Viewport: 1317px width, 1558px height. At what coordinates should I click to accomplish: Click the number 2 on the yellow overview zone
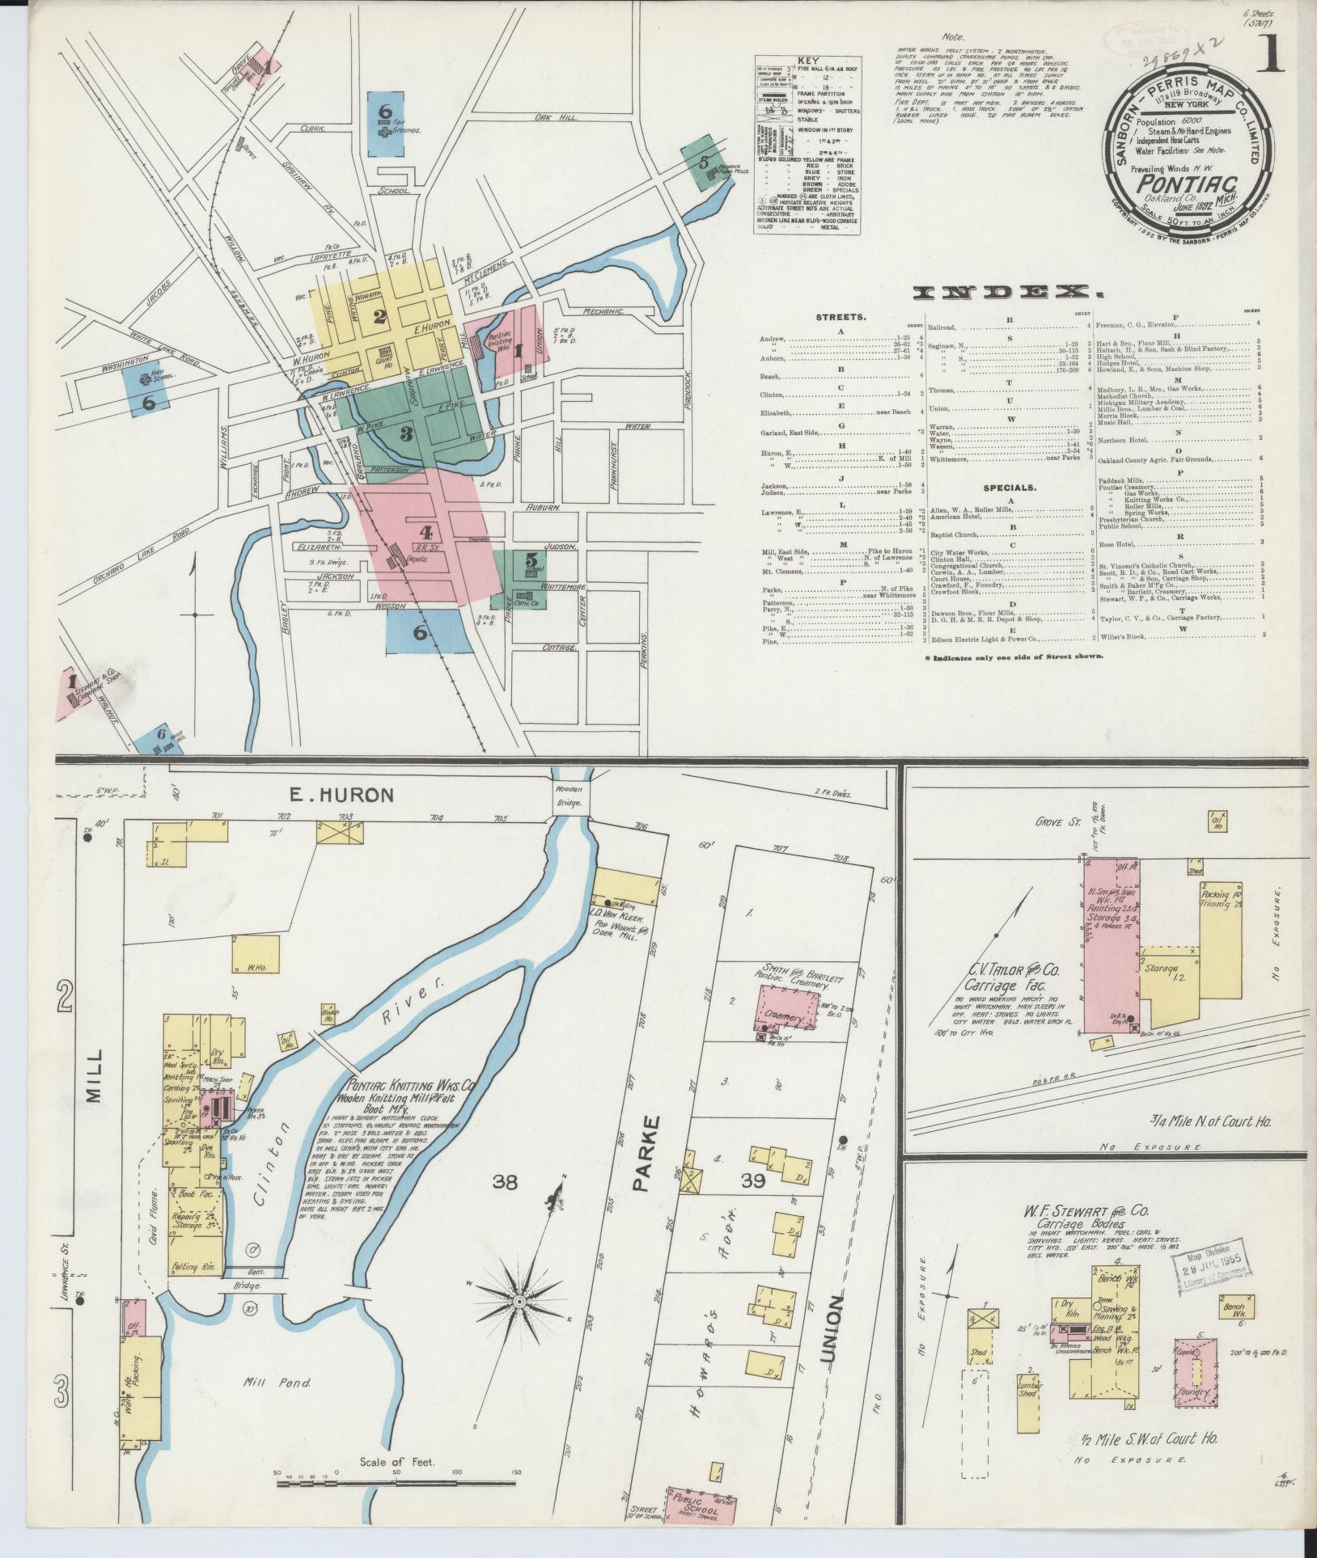[379, 317]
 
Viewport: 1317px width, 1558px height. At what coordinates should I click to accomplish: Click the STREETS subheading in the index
[841, 317]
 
